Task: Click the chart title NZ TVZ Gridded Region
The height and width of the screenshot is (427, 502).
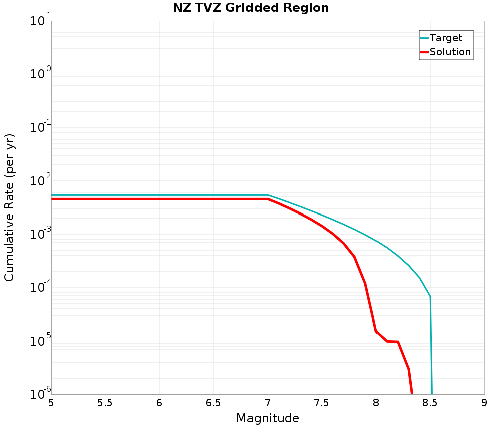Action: (250, 8)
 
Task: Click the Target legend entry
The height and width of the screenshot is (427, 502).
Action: (446, 38)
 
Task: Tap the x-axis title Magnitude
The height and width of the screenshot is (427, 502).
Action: (268, 418)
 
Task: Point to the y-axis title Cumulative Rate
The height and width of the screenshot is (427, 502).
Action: (9, 207)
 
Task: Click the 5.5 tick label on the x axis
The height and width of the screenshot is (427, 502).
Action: (105, 403)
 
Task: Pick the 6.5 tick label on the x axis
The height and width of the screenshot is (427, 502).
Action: (213, 403)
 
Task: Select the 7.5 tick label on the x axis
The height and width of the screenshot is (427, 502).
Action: (322, 403)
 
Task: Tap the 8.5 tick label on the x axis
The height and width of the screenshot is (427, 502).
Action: (430, 403)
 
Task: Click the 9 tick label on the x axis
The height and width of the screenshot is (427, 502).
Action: (484, 403)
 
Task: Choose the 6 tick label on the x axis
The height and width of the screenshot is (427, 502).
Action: (159, 403)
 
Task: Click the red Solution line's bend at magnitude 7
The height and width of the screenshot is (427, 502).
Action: (268, 199)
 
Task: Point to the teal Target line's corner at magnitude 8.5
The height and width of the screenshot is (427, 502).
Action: (430, 297)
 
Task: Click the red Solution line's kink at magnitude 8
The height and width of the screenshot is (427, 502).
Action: (376, 331)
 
